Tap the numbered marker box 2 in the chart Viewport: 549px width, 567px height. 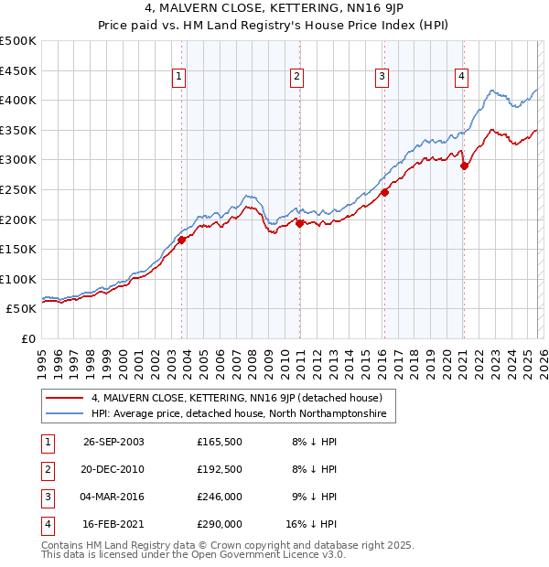[x=297, y=77]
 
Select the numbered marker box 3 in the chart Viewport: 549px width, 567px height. [x=381, y=77]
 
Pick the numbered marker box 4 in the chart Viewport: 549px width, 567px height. [x=462, y=77]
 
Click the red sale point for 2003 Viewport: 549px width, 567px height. [x=182, y=240]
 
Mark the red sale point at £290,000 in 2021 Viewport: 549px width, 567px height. [x=464, y=166]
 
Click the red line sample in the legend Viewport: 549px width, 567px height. [x=66, y=398]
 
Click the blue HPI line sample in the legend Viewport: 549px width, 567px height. [x=66, y=414]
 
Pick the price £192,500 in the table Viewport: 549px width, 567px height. [x=220, y=469]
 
